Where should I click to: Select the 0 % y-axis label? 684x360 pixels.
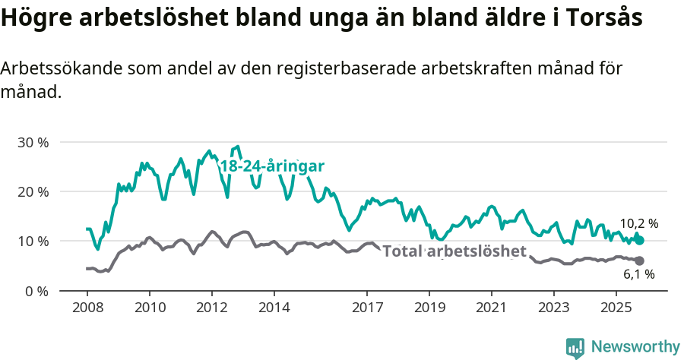[36, 291]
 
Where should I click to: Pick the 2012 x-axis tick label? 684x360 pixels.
[211, 308]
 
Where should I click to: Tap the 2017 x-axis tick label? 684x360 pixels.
[367, 308]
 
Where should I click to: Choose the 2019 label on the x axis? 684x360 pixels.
[429, 308]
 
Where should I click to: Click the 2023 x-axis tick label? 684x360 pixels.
[553, 308]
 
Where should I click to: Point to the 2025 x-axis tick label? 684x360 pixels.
[616, 308]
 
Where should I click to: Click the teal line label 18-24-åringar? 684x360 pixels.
[272, 166]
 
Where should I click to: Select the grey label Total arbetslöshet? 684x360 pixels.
[454, 251]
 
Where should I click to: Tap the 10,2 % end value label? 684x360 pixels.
[638, 224]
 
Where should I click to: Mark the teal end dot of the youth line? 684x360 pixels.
[639, 240]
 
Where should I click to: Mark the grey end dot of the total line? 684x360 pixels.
[639, 261]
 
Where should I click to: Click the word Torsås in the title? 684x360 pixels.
[600, 18]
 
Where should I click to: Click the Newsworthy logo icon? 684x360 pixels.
[575, 347]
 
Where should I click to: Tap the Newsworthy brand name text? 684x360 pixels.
[635, 347]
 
